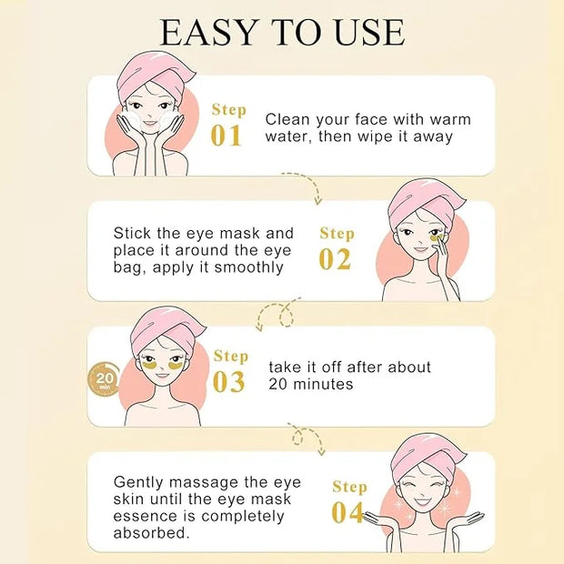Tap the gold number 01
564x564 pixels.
click(x=226, y=136)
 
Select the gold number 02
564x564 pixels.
click(x=335, y=259)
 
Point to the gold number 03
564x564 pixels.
click(x=228, y=382)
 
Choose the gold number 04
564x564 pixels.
click(x=347, y=512)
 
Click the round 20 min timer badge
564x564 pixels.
click(x=104, y=378)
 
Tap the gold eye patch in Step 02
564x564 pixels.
click(x=437, y=237)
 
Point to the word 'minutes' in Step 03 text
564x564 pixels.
click(x=323, y=384)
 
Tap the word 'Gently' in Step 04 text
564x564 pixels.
click(x=139, y=483)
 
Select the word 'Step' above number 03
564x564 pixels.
click(x=231, y=356)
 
